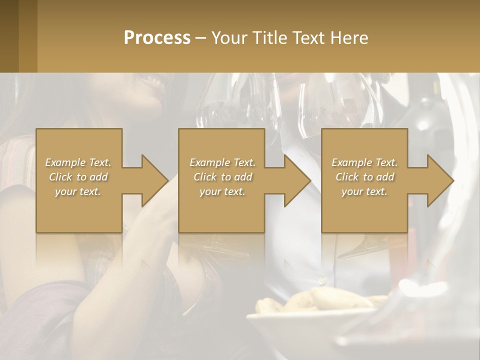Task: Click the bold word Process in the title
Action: pos(157,38)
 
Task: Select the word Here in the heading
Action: pos(349,38)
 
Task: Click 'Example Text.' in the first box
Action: pos(78,162)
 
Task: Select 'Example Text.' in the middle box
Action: pos(222,162)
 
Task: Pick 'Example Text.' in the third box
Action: pos(364,162)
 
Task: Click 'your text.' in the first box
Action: pos(78,191)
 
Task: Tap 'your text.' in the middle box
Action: pos(222,191)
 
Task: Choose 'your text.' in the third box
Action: pos(364,191)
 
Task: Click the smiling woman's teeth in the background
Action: pos(156,81)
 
